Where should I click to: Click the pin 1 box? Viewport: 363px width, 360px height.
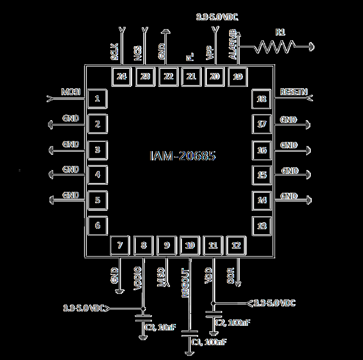pyautogui.click(x=97, y=98)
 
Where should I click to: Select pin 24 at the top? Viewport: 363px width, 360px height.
pyautogui.click(x=122, y=76)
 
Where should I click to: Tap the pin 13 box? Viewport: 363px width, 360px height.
pyautogui.click(x=262, y=226)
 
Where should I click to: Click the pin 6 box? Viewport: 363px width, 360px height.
pyautogui.click(x=97, y=226)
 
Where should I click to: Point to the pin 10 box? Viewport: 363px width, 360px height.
pyautogui.click(x=190, y=245)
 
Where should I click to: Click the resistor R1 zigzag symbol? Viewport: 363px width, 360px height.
pyautogui.click(x=276, y=46)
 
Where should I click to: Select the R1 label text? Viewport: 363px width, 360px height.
pyautogui.click(x=280, y=32)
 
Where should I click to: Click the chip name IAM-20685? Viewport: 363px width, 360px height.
pyautogui.click(x=182, y=156)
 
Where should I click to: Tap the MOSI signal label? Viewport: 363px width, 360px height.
pyautogui.click(x=71, y=92)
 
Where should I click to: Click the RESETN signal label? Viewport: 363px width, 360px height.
pyautogui.click(x=294, y=92)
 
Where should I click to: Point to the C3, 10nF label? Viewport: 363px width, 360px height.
pyautogui.click(x=160, y=327)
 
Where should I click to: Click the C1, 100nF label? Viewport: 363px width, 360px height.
pyautogui.click(x=209, y=342)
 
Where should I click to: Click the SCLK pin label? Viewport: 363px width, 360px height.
pyautogui.click(x=115, y=52)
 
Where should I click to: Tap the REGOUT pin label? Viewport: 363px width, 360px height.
pyautogui.click(x=185, y=282)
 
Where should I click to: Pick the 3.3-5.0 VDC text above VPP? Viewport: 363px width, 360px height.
pyautogui.click(x=217, y=18)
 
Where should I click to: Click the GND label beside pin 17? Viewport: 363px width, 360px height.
pyautogui.click(x=289, y=120)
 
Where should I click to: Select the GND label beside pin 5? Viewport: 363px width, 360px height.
pyautogui.click(x=71, y=195)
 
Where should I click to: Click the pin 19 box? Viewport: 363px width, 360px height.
pyautogui.click(x=237, y=76)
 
